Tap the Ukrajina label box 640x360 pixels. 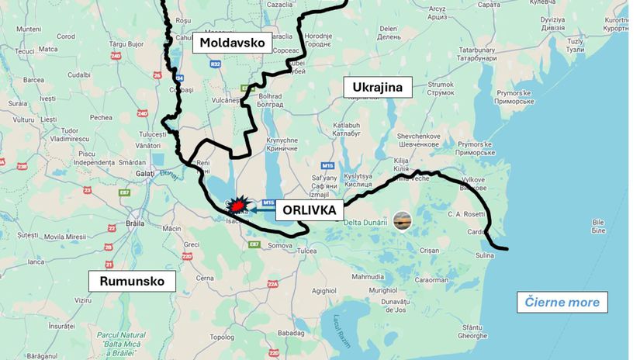tap(377, 87)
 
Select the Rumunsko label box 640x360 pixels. tap(132, 281)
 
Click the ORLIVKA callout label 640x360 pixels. tap(309, 210)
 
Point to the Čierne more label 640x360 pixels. tap(562, 302)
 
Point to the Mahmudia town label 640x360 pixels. tap(368, 276)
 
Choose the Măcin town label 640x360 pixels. tap(171, 228)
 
